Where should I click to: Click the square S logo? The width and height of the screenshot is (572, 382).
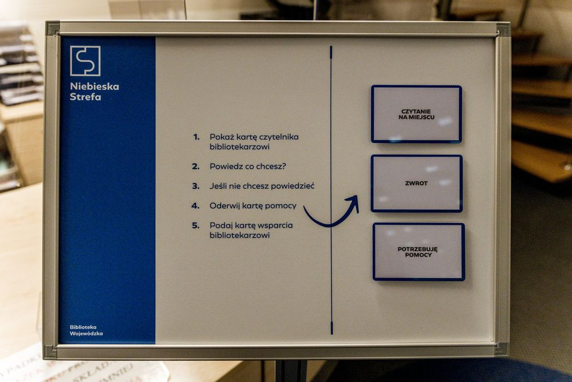coord(85,61)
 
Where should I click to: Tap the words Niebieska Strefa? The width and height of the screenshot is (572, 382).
coord(94,92)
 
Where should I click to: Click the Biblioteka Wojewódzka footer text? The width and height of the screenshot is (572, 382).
coord(86,330)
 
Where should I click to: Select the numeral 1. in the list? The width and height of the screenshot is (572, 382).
coord(196,137)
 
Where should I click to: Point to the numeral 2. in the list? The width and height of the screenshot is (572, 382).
coord(196,167)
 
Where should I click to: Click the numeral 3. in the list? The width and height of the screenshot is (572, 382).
coord(196,186)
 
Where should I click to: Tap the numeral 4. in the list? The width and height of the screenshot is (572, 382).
coord(195,206)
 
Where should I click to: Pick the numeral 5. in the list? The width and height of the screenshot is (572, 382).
coord(196,225)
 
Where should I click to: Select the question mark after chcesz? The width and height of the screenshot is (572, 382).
coord(284,166)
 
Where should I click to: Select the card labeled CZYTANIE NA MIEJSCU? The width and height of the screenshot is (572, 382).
coord(416,114)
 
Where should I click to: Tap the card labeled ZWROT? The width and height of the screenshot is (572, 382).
coord(417,184)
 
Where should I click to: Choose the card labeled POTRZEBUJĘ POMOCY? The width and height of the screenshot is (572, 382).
coord(419,252)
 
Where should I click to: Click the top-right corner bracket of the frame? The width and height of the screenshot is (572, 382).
coord(503,29)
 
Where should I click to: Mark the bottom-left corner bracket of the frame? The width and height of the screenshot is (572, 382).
coord(51,351)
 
